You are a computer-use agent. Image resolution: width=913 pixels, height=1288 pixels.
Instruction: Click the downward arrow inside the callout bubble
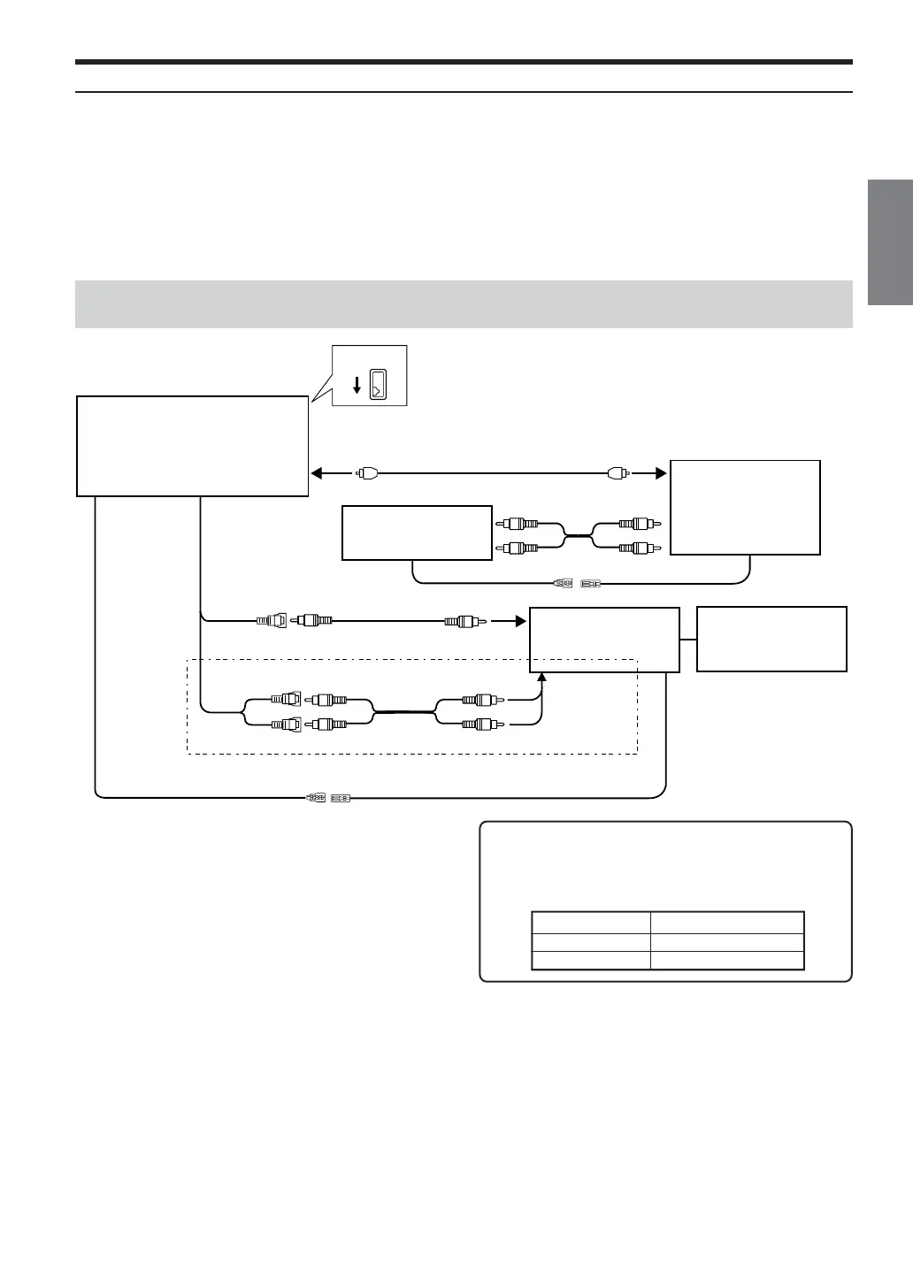coord(356,384)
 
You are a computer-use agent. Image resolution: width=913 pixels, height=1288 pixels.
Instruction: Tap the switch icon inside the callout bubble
coord(378,383)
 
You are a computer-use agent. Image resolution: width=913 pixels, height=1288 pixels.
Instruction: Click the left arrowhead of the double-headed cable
coord(316,472)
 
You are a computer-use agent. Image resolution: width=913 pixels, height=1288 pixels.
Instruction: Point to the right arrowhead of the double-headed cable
coord(660,472)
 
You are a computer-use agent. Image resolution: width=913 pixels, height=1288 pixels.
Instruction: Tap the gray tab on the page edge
coord(890,241)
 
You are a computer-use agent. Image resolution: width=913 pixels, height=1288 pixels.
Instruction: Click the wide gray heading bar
coord(464,303)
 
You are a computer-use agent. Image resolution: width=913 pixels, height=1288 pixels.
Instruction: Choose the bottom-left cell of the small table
coord(591,961)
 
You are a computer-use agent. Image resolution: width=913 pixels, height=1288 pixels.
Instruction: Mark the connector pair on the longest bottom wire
coord(328,798)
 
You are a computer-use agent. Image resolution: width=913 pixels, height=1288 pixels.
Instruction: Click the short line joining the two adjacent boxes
coord(688,639)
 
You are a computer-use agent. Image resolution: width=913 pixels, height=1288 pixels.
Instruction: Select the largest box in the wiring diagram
coord(193,446)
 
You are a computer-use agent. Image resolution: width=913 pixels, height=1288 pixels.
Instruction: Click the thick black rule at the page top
coord(464,63)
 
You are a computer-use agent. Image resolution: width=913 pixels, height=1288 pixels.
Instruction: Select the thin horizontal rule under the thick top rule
coord(464,92)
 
